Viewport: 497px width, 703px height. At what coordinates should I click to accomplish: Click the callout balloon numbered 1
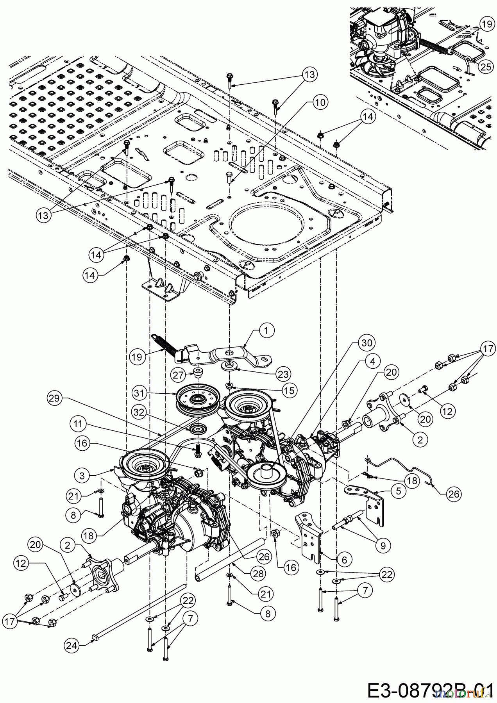(x=266, y=330)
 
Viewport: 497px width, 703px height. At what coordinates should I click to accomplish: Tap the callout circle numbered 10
(x=320, y=103)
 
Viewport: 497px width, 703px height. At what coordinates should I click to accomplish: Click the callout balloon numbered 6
(x=344, y=560)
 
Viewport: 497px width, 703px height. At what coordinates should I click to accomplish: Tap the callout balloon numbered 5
(x=398, y=491)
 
